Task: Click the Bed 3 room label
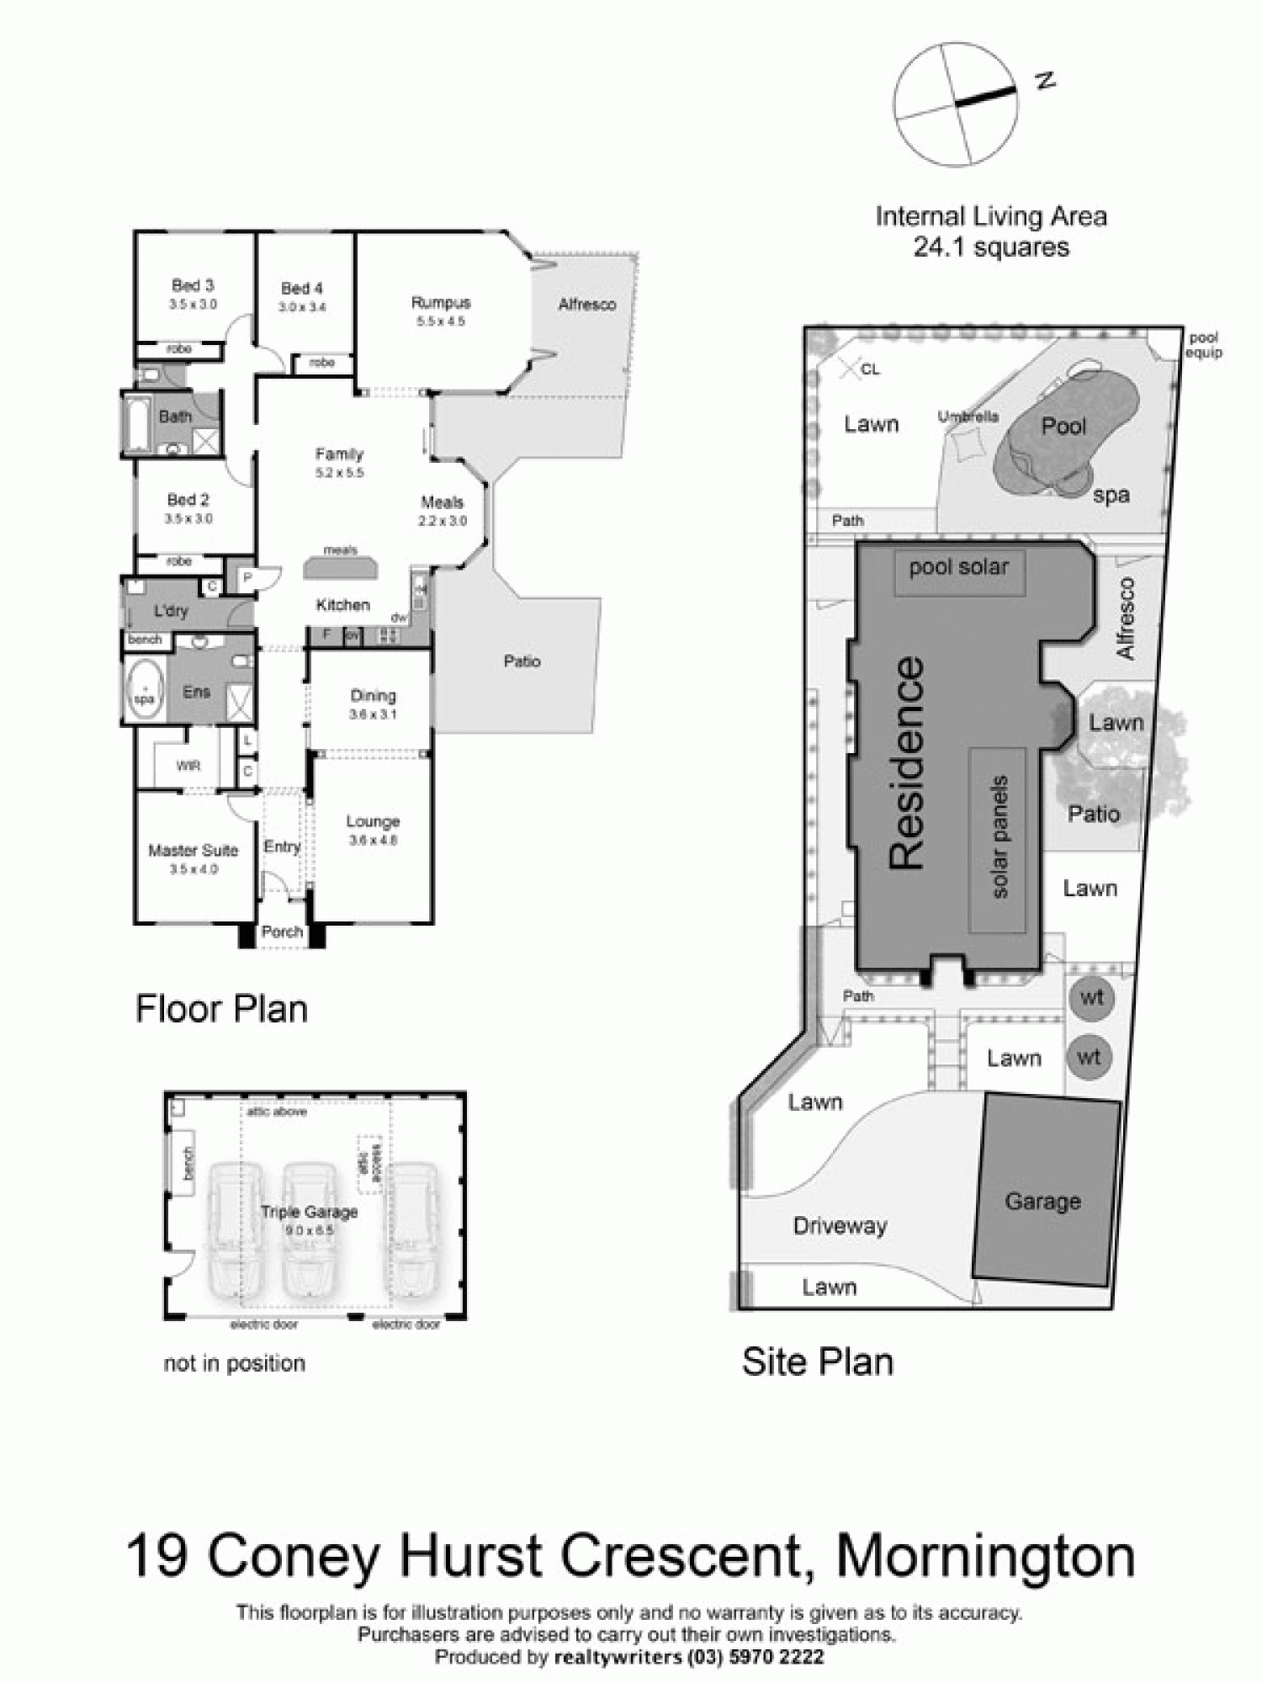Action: tap(193, 285)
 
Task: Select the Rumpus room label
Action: tap(441, 302)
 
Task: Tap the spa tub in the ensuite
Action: tap(145, 689)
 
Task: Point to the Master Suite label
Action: tap(194, 850)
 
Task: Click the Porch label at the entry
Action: tap(282, 932)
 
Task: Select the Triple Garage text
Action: tap(309, 1212)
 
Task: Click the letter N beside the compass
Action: tap(1045, 81)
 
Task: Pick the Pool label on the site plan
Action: tap(1064, 426)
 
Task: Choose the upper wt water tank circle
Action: tap(1091, 998)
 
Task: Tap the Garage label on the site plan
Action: tap(1042, 1201)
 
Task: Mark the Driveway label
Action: tap(840, 1225)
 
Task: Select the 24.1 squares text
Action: tap(991, 247)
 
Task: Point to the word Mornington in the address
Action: tap(985, 1557)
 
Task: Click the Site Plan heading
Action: tap(817, 1362)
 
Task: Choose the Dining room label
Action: tap(373, 696)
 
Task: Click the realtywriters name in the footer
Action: tap(618, 1657)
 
